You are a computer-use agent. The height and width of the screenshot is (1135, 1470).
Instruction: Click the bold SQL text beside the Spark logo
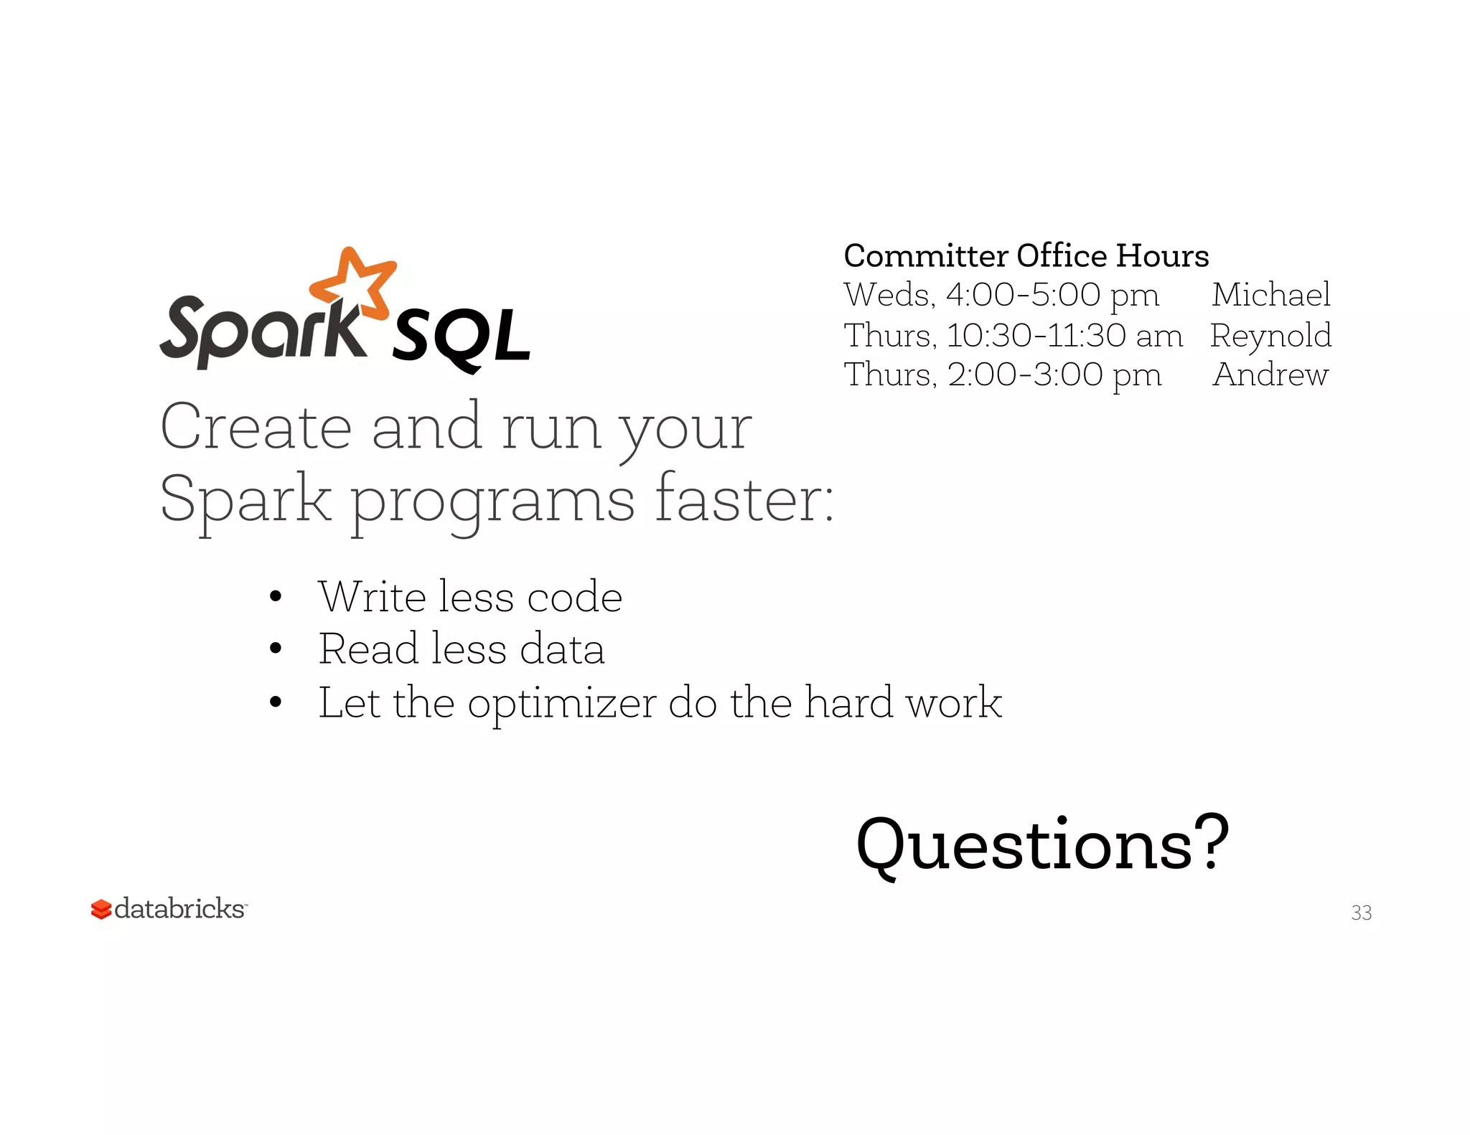[460, 338]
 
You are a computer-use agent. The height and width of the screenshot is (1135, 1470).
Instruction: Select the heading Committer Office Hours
[1026, 256]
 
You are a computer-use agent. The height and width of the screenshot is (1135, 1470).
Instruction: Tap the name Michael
[1270, 295]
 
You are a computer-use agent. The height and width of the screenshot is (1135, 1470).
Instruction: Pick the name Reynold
[1270, 336]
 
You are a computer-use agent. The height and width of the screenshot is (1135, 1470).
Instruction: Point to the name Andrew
[1270, 375]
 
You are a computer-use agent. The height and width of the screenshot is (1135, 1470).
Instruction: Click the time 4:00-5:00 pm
[1052, 295]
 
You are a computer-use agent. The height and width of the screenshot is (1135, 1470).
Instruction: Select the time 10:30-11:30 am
[1064, 336]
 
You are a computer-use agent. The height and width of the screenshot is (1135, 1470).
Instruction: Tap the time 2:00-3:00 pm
[1054, 375]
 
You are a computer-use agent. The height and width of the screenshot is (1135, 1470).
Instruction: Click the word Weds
[889, 295]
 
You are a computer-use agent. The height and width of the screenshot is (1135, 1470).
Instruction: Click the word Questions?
[1042, 845]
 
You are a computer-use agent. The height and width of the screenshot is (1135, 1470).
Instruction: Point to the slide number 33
[1361, 913]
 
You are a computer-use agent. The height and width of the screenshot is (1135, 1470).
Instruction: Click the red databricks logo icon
[101, 910]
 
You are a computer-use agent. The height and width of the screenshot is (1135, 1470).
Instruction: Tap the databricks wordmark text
[179, 909]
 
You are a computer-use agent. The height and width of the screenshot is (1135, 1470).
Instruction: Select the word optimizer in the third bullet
[561, 703]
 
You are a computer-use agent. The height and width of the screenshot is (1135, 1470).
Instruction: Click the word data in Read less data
[561, 649]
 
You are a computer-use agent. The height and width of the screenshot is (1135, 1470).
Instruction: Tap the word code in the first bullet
[574, 597]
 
